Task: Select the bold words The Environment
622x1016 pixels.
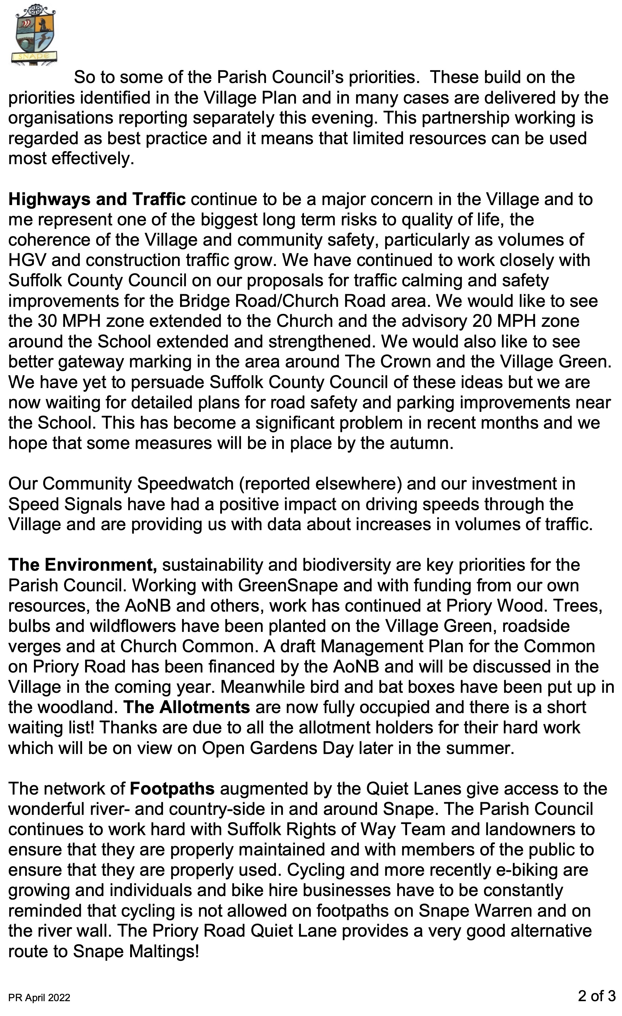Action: coord(82,565)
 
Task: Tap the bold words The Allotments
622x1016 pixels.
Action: coord(186,707)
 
